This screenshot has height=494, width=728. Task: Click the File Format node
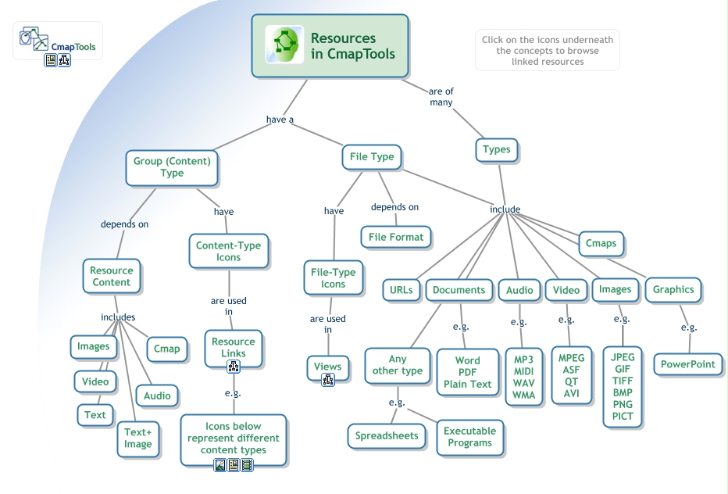coord(396,237)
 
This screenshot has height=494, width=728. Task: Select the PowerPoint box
coord(687,364)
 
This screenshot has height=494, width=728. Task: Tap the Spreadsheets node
coord(387,435)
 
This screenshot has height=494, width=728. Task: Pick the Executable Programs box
coord(469,436)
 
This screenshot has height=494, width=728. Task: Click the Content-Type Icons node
coord(228,251)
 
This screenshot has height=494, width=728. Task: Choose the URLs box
coord(401,290)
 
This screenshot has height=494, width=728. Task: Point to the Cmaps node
coord(601,243)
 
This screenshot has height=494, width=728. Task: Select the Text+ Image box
coord(138,438)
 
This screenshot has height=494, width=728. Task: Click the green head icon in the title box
coord(284,45)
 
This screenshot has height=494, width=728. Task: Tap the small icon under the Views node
coord(328,380)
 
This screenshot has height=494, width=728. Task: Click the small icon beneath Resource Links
coord(233,366)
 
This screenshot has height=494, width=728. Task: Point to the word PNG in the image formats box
coord(623,404)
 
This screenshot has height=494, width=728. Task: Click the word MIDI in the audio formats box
coord(523,371)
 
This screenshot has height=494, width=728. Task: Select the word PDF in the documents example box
coord(468,373)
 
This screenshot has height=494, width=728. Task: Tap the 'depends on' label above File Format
coord(394,207)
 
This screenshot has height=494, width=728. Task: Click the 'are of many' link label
coord(441,96)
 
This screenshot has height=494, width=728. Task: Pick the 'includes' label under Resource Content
coord(118,317)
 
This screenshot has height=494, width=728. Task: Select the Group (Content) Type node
coord(172,167)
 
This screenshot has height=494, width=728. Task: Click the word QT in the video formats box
coord(571,382)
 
